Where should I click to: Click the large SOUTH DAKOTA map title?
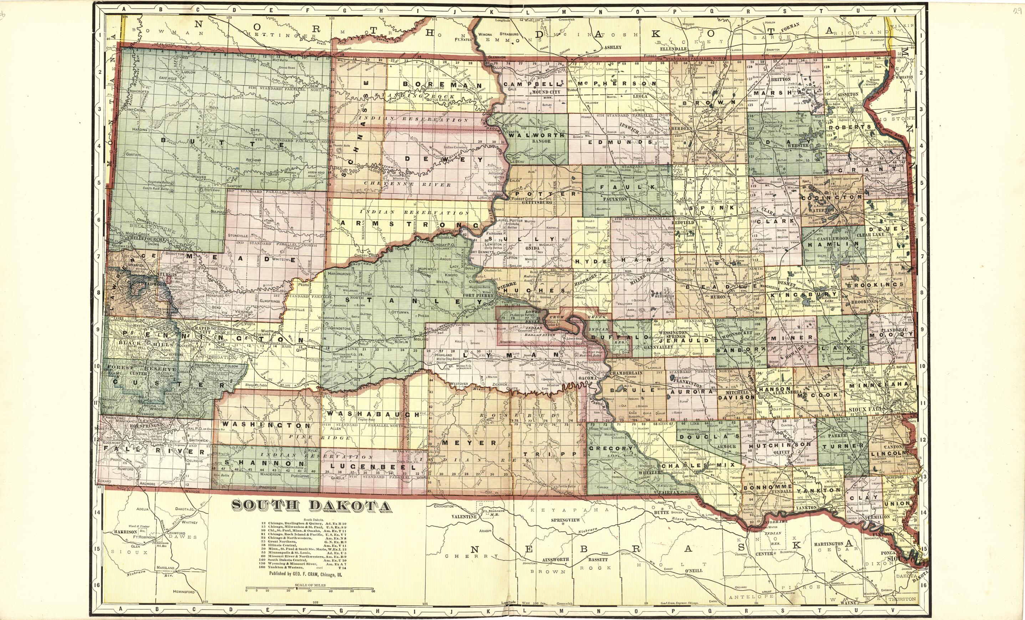[x=311, y=506]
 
